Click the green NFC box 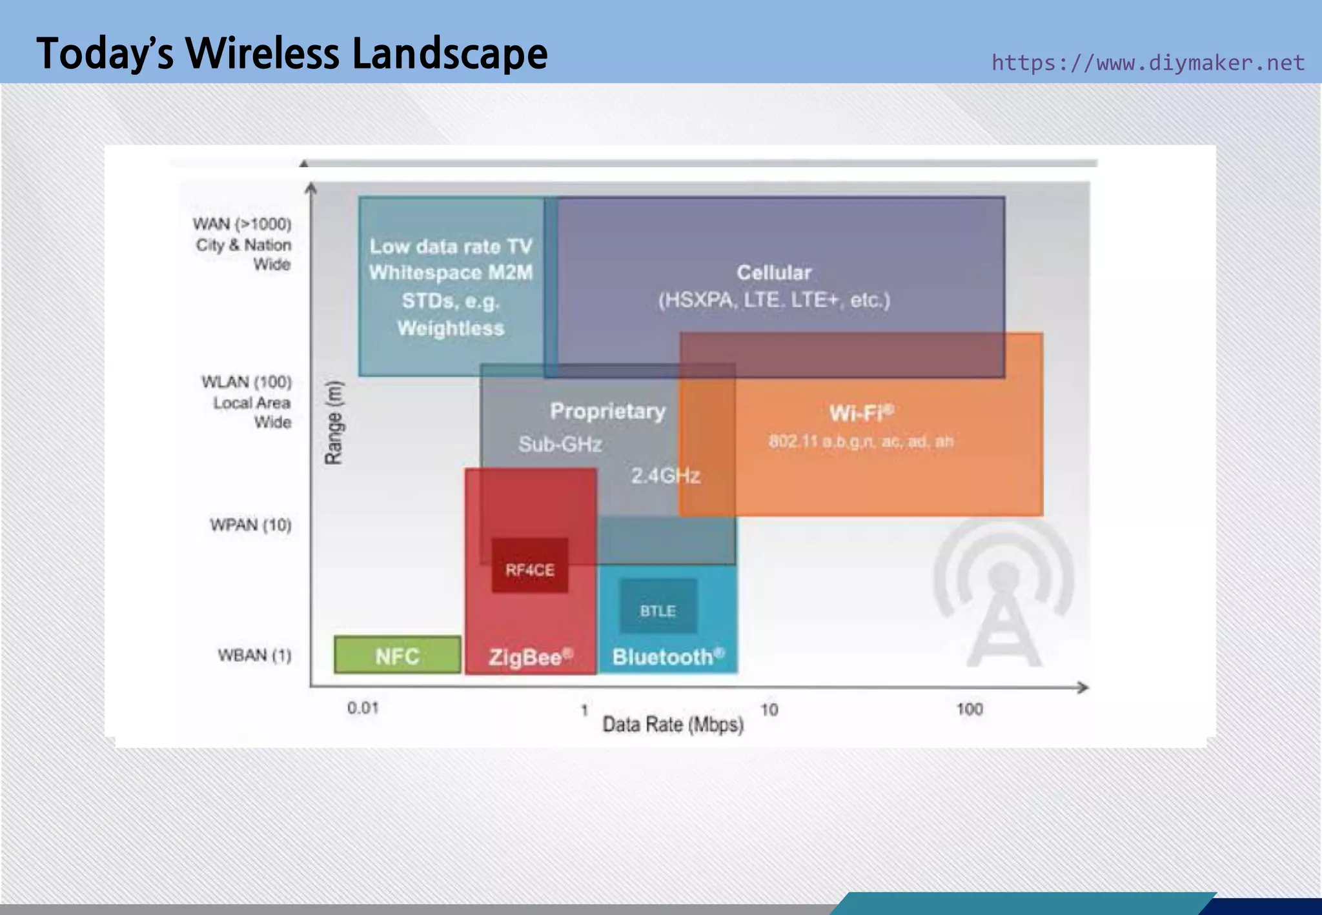click(398, 655)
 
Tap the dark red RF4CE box click(530, 566)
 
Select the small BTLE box click(658, 607)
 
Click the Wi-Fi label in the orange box click(861, 412)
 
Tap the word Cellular click(774, 272)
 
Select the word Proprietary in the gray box click(607, 411)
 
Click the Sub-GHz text click(560, 444)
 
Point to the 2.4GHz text click(666, 476)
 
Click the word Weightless click(451, 328)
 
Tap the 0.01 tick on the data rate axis click(363, 708)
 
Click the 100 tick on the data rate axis click(969, 709)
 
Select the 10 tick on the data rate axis click(769, 710)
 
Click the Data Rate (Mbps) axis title click(673, 725)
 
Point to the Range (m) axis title click(334, 423)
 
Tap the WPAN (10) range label click(250, 525)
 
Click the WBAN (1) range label click(254, 656)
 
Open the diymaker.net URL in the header click(1148, 63)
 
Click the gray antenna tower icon click(1003, 594)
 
